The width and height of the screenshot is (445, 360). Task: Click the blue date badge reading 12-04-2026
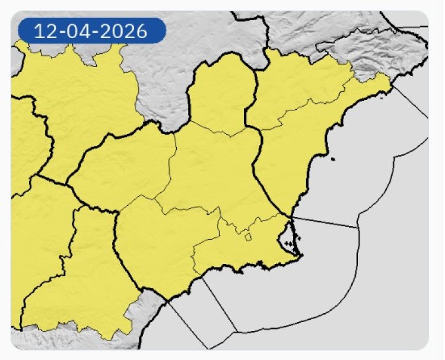pyautogui.click(x=90, y=31)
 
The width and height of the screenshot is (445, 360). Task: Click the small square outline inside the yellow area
pyautogui.click(x=249, y=237)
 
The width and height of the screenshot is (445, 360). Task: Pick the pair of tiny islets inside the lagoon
pyautogui.click(x=289, y=243)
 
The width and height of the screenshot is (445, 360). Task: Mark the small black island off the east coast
pyautogui.click(x=333, y=158)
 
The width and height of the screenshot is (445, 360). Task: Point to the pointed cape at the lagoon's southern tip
pyautogui.click(x=301, y=256)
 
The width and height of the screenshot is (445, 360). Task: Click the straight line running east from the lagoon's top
pyautogui.click(x=326, y=222)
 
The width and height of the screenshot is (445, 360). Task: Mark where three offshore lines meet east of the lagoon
pyautogui.click(x=358, y=227)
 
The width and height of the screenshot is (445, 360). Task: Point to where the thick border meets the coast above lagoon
pyautogui.click(x=291, y=216)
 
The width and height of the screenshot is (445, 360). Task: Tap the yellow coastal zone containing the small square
pyautogui.click(x=249, y=249)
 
